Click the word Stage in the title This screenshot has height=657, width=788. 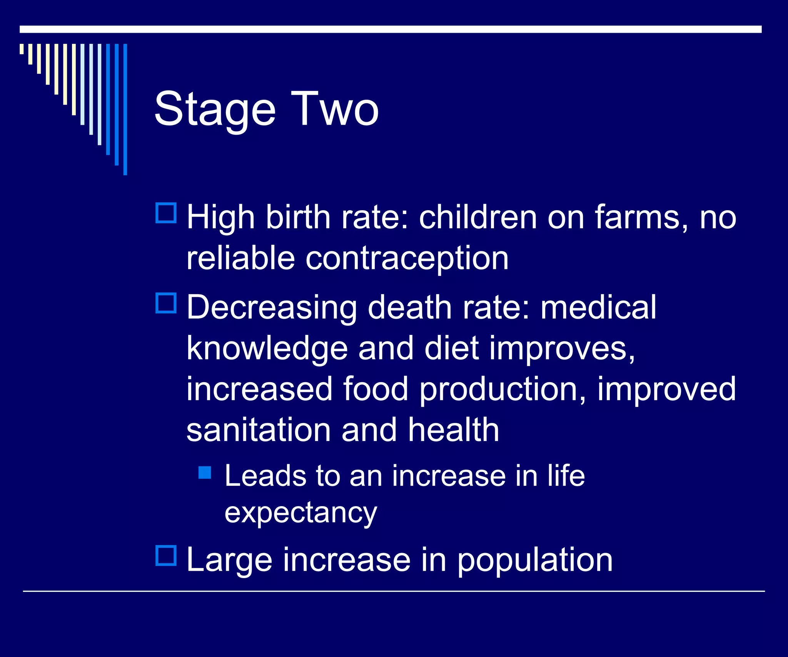[x=215, y=110]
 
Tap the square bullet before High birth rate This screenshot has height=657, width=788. [x=166, y=213]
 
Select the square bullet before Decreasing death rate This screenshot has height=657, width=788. [x=166, y=303]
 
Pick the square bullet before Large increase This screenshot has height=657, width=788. [x=166, y=555]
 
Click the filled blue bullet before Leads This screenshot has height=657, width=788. [x=205, y=472]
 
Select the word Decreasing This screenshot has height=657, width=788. [x=272, y=308]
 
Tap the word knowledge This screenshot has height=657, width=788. [x=267, y=349]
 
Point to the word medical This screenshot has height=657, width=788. [x=598, y=308]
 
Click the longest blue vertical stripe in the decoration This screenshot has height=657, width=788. [x=125, y=109]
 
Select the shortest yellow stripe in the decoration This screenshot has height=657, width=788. [x=22, y=49]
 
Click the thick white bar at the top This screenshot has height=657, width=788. [x=390, y=29]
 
